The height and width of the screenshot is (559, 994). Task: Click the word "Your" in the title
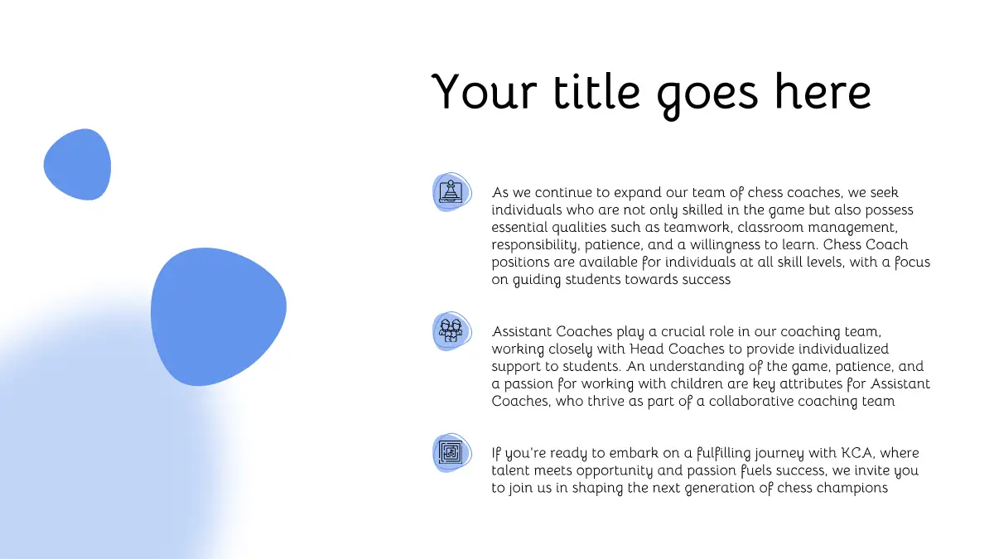click(x=484, y=91)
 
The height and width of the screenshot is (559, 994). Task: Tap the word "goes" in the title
click(x=707, y=96)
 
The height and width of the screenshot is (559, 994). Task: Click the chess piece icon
click(x=451, y=192)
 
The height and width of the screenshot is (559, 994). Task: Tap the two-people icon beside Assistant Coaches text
click(x=451, y=331)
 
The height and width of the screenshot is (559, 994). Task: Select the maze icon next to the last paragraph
click(x=451, y=452)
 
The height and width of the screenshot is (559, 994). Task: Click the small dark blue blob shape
click(x=77, y=164)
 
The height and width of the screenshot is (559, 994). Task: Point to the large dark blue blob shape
click(x=219, y=316)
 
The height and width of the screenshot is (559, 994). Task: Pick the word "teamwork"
click(x=697, y=227)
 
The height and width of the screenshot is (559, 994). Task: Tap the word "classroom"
click(x=770, y=227)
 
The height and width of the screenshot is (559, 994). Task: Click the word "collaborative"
click(x=750, y=401)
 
